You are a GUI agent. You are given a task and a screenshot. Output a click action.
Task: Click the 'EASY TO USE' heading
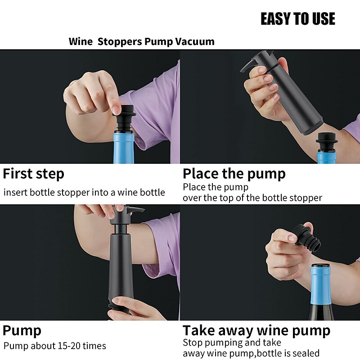[297, 19]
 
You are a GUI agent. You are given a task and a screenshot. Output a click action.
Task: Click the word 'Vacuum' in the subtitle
[195, 42]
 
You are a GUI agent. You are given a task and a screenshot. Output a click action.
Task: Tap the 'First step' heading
[34, 174]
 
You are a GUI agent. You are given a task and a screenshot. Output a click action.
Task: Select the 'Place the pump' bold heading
[234, 174]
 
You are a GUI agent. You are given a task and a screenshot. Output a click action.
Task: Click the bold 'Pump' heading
[22, 331]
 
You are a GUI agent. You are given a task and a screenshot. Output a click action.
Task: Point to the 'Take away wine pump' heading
[256, 331]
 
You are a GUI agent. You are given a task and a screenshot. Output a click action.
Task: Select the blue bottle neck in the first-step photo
[124, 146]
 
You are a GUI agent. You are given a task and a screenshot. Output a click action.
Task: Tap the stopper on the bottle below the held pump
[327, 141]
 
